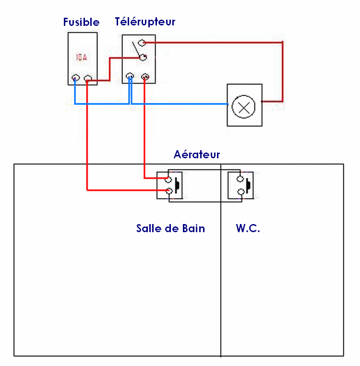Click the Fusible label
click(81, 22)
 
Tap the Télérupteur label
click(145, 22)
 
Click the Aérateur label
click(196, 154)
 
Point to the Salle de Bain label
click(170, 228)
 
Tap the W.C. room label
click(248, 228)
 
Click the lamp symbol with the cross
click(244, 106)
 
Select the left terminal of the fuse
click(75, 78)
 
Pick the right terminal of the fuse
click(87, 78)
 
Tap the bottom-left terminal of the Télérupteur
click(130, 76)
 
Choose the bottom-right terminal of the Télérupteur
click(144, 76)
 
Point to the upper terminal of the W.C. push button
click(240, 179)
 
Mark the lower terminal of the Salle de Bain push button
click(168, 191)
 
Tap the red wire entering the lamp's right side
click(272, 102)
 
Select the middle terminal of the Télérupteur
click(143, 58)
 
